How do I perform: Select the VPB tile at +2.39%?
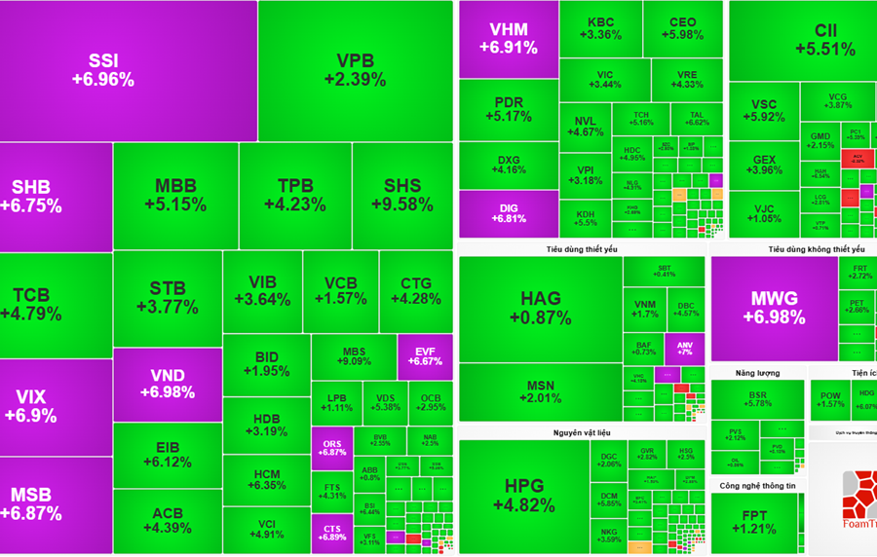(355, 71)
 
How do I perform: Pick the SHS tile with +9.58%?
(401, 196)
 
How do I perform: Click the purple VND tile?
(167, 384)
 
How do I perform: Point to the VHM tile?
(509, 38)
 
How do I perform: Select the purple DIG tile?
(509, 213)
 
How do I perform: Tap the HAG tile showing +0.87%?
(540, 308)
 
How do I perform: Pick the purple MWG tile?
(774, 308)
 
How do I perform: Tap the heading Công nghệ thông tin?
(757, 485)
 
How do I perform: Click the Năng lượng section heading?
(757, 373)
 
